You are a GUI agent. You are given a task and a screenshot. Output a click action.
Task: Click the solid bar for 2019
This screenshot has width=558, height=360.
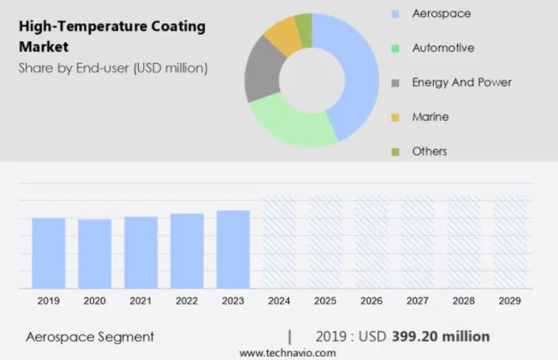click(x=48, y=253)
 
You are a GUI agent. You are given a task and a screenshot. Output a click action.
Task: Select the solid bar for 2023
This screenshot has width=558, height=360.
click(x=233, y=249)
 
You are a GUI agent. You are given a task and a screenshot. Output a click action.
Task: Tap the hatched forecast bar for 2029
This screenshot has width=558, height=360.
click(x=510, y=242)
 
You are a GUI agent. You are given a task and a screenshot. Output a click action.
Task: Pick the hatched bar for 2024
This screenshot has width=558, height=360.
click(x=280, y=242)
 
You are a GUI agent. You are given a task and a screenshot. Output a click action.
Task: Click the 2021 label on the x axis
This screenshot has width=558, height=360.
click(x=141, y=301)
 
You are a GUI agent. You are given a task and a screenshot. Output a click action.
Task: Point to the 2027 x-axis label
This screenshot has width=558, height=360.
click(x=417, y=301)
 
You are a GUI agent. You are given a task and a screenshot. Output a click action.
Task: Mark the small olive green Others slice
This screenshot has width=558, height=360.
click(x=305, y=30)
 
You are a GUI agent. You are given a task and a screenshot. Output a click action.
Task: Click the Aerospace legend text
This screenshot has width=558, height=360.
click(x=442, y=14)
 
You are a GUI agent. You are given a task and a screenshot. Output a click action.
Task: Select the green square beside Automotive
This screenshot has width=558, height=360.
click(x=395, y=48)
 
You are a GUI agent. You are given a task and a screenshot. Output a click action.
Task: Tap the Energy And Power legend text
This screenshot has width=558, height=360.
click(x=462, y=82)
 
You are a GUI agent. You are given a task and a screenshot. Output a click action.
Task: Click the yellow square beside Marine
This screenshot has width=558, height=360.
click(x=395, y=117)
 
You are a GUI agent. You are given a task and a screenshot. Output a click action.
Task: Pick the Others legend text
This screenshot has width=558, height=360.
click(x=429, y=151)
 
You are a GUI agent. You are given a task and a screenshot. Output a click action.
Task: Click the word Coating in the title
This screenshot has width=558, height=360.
click(x=178, y=26)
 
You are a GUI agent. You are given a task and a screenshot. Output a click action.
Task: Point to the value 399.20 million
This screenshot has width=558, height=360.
click(x=441, y=336)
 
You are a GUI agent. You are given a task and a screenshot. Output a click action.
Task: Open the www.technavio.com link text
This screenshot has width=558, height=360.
click(x=288, y=353)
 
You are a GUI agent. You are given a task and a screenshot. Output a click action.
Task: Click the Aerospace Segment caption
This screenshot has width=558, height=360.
click(x=90, y=337)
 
